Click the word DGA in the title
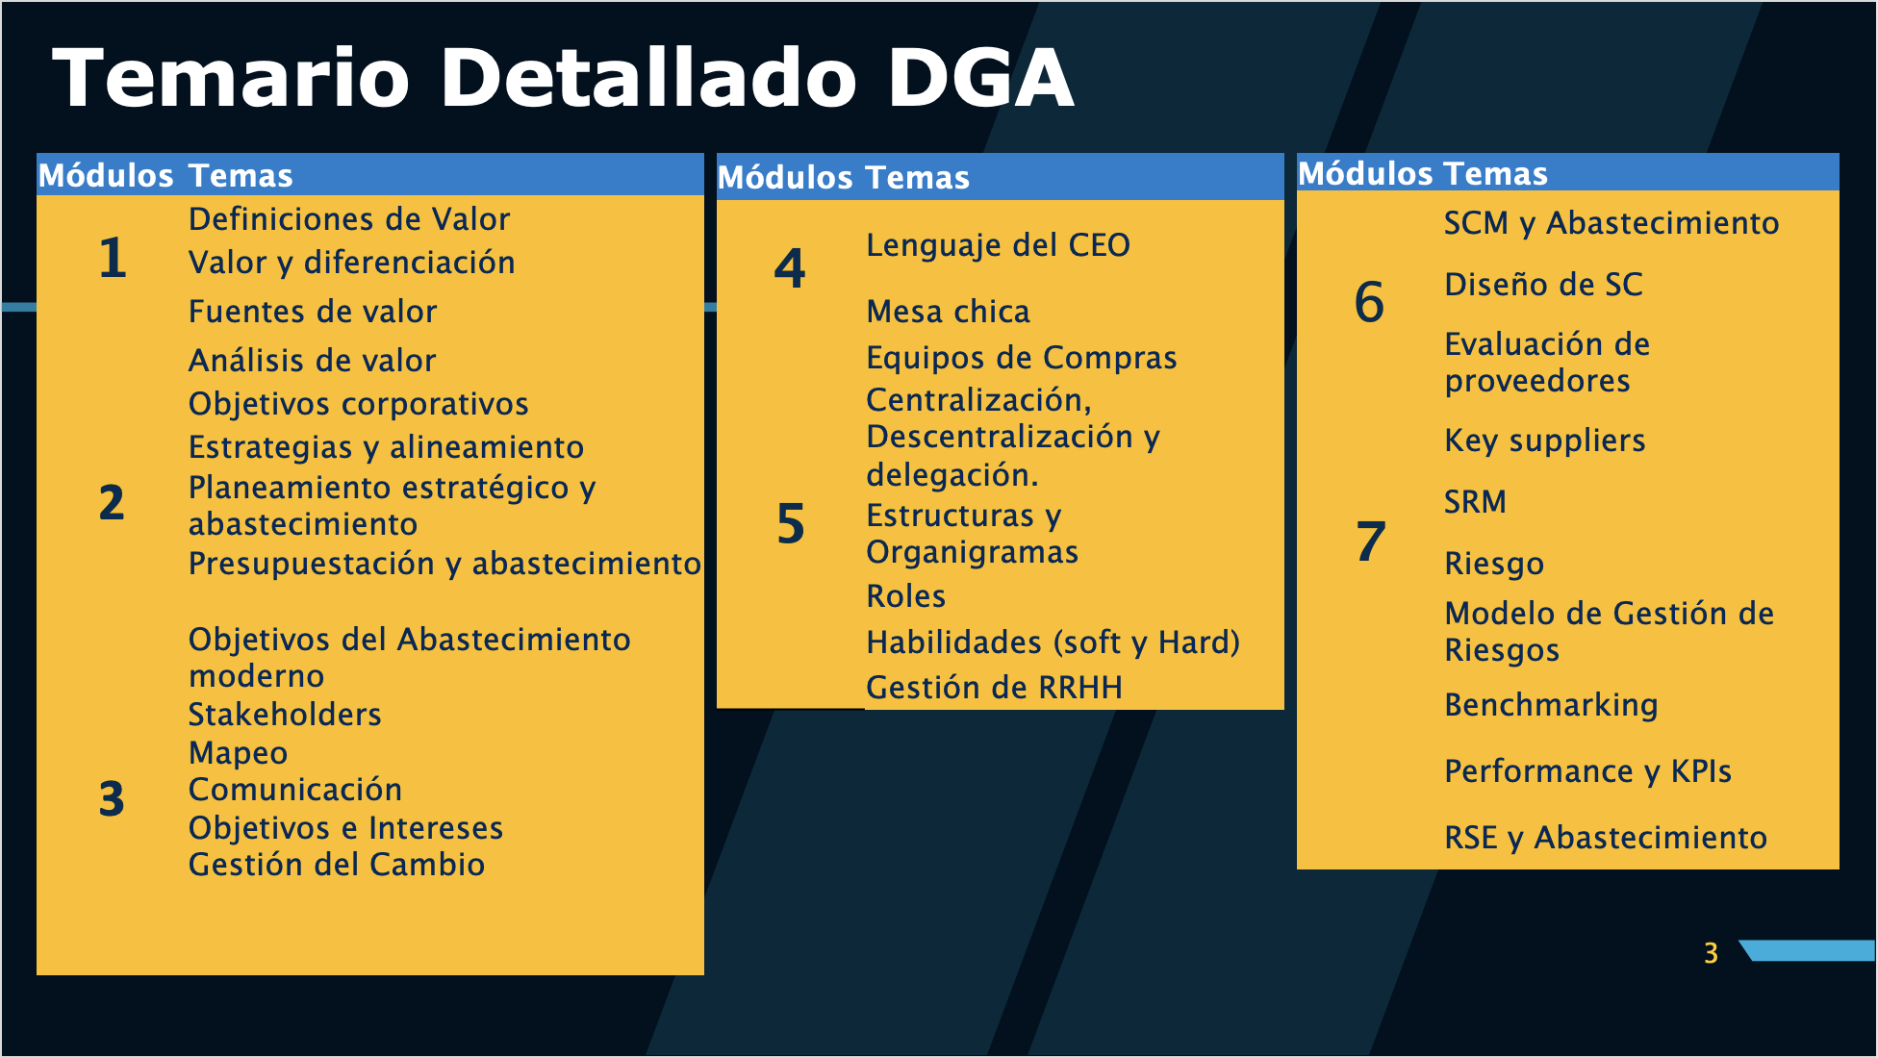[x=979, y=78]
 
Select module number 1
[x=113, y=258]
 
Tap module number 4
[x=790, y=268]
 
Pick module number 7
[x=1371, y=542]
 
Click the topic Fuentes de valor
[x=313, y=312]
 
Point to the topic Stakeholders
[x=285, y=715]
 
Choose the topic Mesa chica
[x=948, y=312]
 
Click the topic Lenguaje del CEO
[x=998, y=246]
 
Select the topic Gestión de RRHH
[x=994, y=688]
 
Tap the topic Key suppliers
[x=1545, y=441]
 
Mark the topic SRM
[x=1475, y=502]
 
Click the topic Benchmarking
[x=1551, y=706]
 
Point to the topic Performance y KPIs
[x=1587, y=771]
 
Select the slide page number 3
[x=1711, y=953]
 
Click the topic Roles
[x=905, y=596]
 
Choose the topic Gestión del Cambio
[x=337, y=865]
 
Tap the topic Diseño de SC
[x=1543, y=285]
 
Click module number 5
[x=791, y=524]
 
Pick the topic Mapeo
[x=238, y=754]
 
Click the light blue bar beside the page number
[x=1809, y=950]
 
